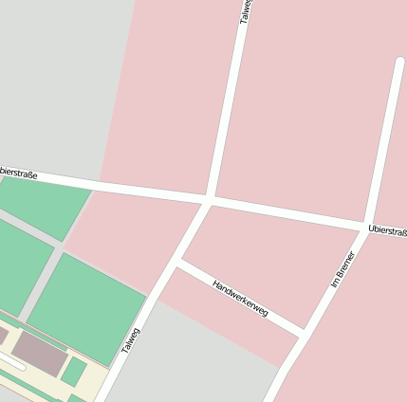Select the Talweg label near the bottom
[x=130, y=341]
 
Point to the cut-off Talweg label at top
[x=244, y=12]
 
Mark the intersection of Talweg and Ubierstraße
[x=209, y=199]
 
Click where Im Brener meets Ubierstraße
[x=366, y=227]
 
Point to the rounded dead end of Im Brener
[x=399, y=64]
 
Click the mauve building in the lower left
[x=40, y=352]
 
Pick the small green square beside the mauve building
[x=73, y=371]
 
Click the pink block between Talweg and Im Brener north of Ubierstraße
[x=304, y=104]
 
